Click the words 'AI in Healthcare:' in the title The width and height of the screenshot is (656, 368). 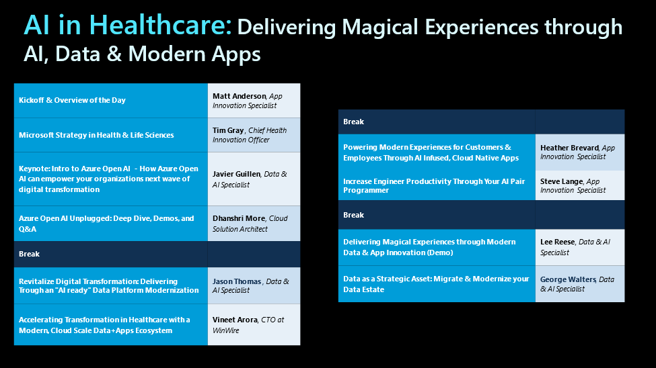point(128,25)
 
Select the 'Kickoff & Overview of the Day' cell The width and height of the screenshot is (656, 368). point(111,101)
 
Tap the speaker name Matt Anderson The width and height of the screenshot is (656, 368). point(240,96)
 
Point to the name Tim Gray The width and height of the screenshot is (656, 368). point(228,130)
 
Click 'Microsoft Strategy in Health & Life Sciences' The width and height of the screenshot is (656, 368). point(96,135)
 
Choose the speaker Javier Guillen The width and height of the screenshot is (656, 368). point(236,174)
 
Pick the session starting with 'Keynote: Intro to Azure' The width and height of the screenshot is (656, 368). point(111,179)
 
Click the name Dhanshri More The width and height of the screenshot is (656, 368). point(239,218)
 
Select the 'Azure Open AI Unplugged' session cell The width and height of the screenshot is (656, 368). point(111,224)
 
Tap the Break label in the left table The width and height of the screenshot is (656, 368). point(30,254)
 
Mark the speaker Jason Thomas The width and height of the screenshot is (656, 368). point(237,281)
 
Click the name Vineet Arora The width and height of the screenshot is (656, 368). point(235,320)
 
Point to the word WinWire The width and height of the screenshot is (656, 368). point(226,330)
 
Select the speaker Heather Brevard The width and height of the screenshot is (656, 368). point(569,148)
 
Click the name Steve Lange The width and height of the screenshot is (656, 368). point(561,181)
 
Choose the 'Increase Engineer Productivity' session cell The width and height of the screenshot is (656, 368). point(437,185)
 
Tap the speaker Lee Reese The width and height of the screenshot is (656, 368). point(558,242)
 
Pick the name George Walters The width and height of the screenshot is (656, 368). point(568,279)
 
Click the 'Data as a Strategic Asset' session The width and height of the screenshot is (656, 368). point(437,284)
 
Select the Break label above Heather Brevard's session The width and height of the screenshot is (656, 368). point(353,122)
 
